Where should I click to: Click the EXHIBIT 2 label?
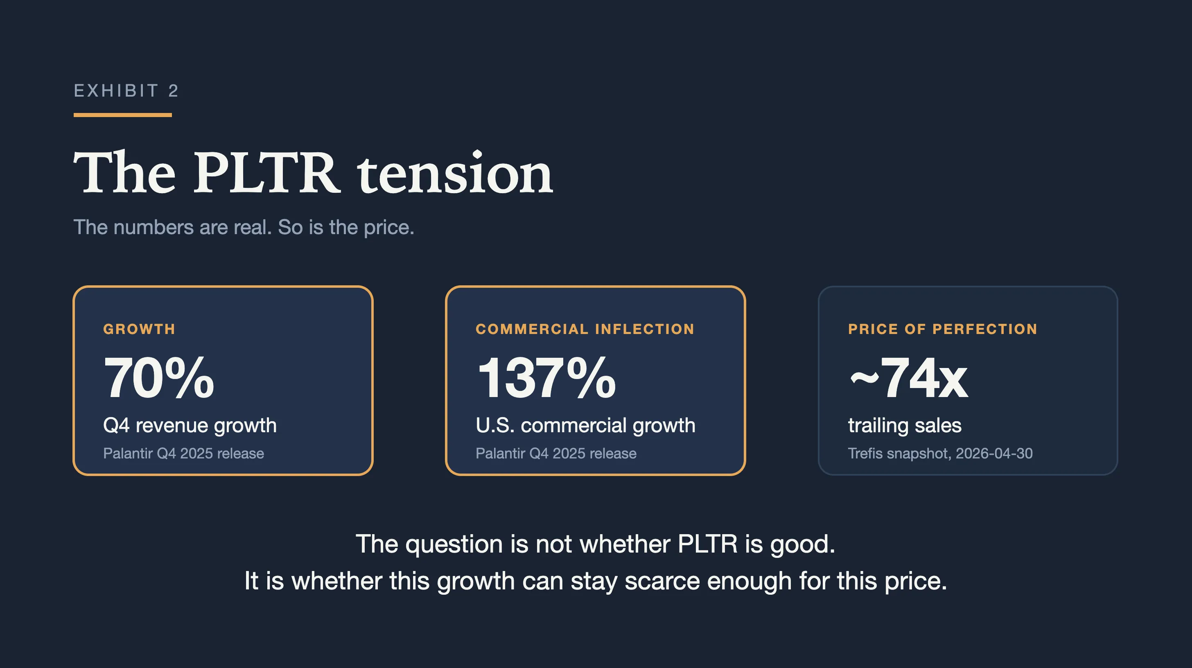tap(126, 91)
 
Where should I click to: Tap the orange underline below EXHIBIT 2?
tap(123, 115)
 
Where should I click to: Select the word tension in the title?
tap(455, 173)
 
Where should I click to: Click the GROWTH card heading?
tap(139, 329)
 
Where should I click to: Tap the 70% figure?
tap(159, 377)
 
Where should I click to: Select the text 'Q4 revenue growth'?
tap(190, 425)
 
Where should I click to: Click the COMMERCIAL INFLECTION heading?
tap(585, 329)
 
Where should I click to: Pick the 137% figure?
tap(546, 377)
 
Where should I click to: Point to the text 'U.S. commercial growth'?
tap(585, 425)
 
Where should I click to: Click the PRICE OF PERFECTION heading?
tap(943, 329)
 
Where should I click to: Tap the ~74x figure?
tap(909, 377)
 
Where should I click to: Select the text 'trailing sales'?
tap(905, 425)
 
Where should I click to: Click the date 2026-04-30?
tap(994, 454)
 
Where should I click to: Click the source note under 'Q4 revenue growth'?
tap(184, 454)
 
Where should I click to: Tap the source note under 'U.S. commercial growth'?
tap(556, 454)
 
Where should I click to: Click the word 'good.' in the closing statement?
tap(803, 544)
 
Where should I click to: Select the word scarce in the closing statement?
tap(662, 581)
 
